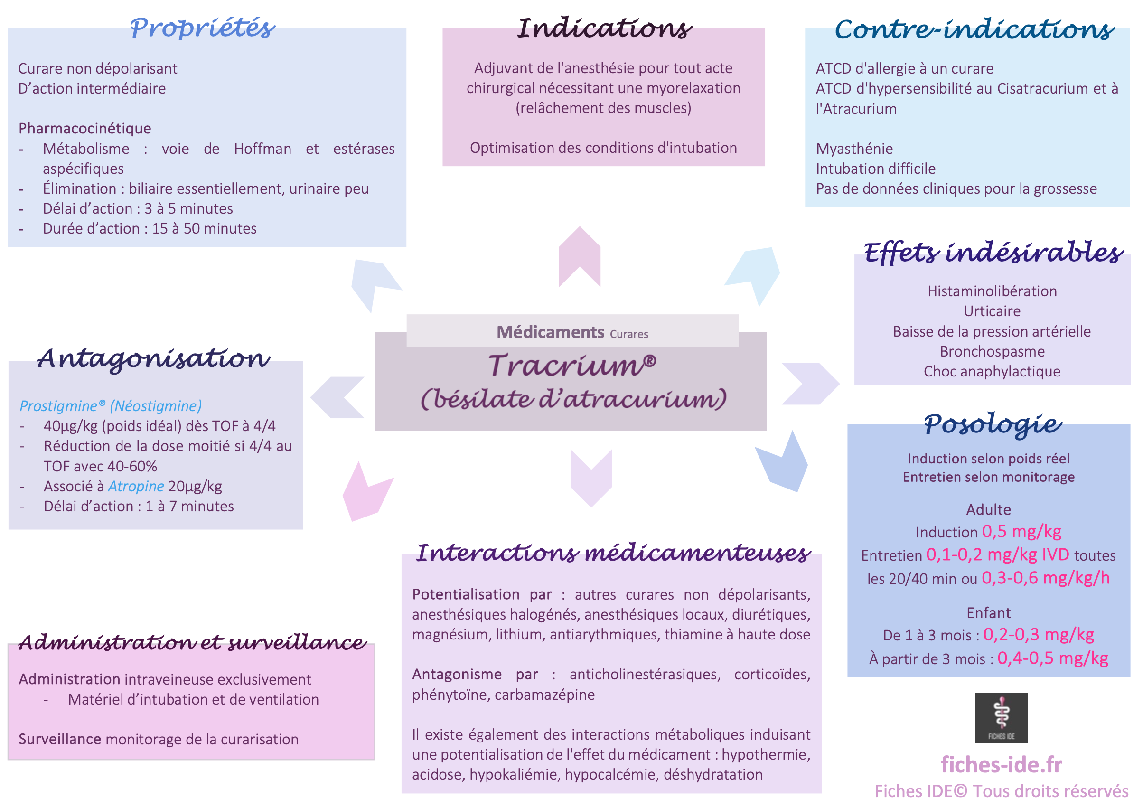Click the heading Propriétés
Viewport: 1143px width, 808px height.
203,28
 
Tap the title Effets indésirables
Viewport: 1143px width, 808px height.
993,253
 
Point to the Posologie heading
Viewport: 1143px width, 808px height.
993,425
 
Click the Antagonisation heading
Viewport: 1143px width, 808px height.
154,359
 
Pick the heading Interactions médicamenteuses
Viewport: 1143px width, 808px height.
613,553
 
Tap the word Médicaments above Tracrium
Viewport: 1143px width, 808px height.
550,332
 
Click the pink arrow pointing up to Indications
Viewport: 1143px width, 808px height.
580,256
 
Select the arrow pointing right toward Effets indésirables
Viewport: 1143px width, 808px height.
811,384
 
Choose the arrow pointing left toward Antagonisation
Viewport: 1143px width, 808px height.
337,397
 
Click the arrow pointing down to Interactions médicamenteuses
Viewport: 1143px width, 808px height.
591,478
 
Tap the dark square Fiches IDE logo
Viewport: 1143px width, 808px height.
1001,717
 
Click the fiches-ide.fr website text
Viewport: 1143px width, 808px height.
1001,765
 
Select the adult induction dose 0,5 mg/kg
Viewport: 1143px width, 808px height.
1021,532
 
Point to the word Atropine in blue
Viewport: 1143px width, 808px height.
136,486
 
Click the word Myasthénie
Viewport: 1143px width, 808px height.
854,149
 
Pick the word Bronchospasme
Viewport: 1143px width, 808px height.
992,351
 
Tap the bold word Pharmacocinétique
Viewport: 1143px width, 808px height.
84,129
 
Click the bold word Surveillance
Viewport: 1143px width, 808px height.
60,739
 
